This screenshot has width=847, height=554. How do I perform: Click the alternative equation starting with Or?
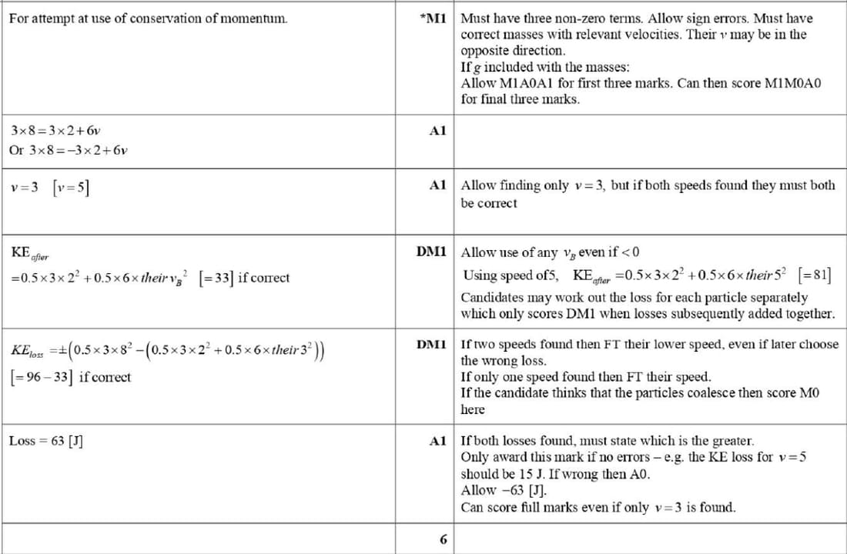point(68,150)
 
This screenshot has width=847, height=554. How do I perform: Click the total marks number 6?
point(443,539)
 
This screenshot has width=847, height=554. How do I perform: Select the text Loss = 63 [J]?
point(46,441)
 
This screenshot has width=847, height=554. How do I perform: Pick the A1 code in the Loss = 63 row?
point(437,441)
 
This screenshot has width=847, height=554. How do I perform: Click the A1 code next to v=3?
point(437,185)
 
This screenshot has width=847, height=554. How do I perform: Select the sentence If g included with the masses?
point(544,67)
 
